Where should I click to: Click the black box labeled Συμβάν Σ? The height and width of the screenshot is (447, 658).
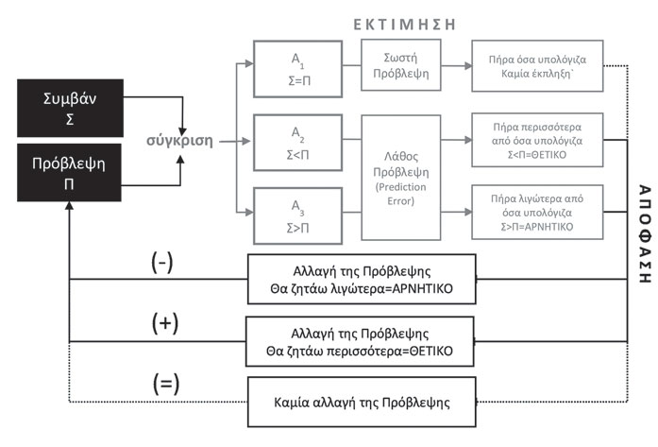pyautogui.click(x=70, y=108)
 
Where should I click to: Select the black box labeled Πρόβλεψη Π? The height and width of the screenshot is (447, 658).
pyautogui.click(x=69, y=173)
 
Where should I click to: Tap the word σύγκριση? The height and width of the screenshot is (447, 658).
pyautogui.click(x=179, y=141)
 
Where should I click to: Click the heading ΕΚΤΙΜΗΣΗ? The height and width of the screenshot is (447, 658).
pyautogui.click(x=405, y=25)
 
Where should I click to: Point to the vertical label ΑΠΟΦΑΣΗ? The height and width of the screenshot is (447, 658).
pyautogui.click(x=645, y=233)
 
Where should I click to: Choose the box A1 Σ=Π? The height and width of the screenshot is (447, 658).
pyautogui.click(x=298, y=69)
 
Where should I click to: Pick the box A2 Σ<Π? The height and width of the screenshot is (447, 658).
pyautogui.click(x=298, y=143)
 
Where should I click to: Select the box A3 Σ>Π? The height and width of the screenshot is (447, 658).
pyautogui.click(x=298, y=215)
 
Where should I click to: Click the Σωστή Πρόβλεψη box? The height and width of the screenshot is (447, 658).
pyautogui.click(x=401, y=65)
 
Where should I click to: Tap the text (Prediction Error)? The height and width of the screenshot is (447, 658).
pyautogui.click(x=401, y=194)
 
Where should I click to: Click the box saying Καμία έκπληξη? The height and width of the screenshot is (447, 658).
pyautogui.click(x=537, y=66)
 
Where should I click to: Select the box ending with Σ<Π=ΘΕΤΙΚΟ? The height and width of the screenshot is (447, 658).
pyautogui.click(x=537, y=140)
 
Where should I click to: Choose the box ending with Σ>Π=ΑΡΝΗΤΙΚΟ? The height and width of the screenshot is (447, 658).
pyautogui.click(x=537, y=212)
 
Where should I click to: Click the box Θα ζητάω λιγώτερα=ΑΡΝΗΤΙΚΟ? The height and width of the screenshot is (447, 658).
pyautogui.click(x=362, y=279)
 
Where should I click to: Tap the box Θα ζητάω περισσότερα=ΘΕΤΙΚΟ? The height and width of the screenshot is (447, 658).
pyautogui.click(x=360, y=341)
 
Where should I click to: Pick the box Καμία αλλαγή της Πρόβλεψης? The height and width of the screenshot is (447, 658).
pyautogui.click(x=362, y=402)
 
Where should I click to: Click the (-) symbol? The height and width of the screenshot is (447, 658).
pyautogui.click(x=162, y=263)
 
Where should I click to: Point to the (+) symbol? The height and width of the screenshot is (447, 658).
pyautogui.click(x=165, y=323)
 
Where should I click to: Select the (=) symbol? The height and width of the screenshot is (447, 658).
pyautogui.click(x=166, y=384)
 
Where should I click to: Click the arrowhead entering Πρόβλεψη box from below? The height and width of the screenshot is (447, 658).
pyautogui.click(x=69, y=205)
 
